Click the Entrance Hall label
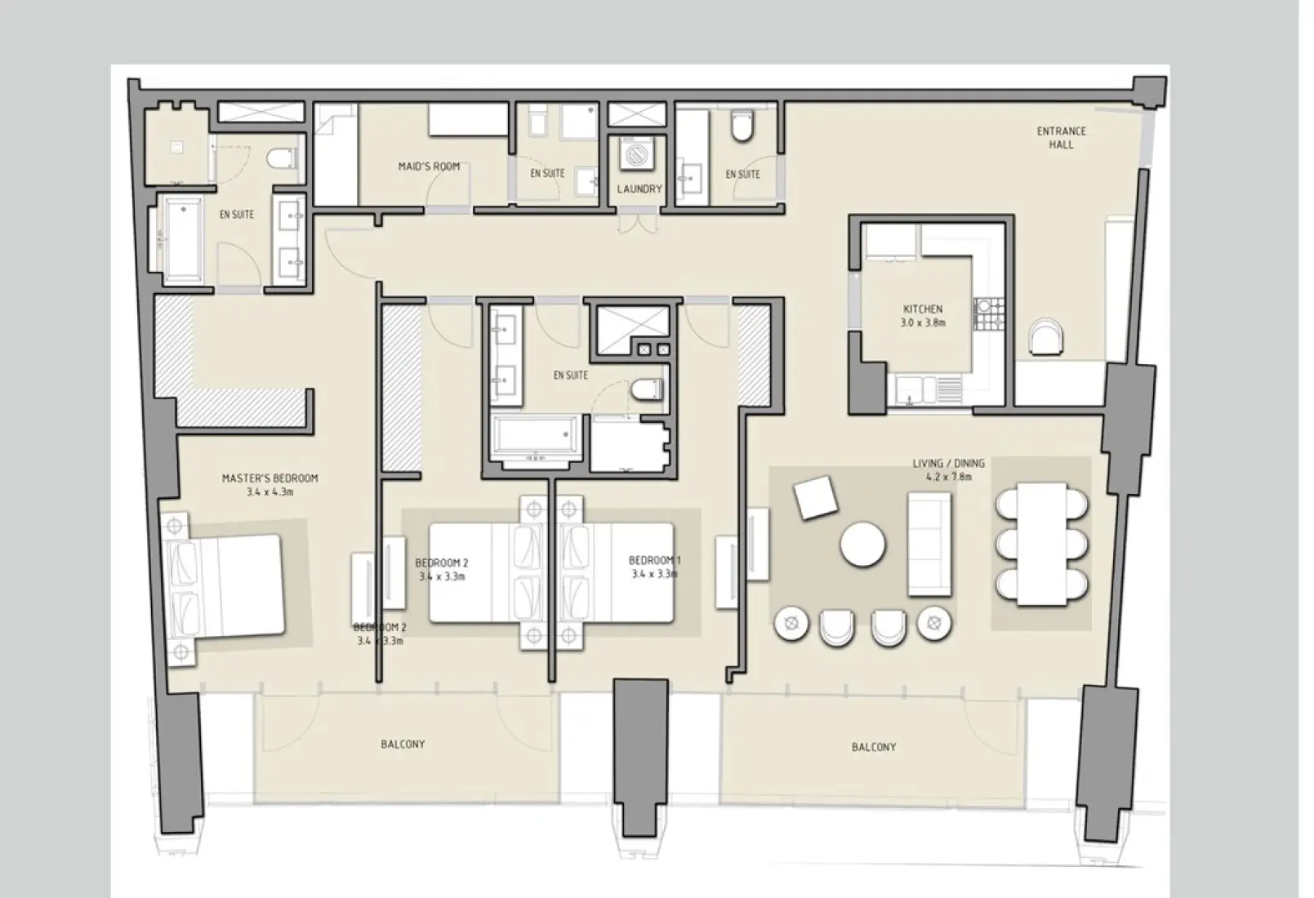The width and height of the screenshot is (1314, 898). coord(1061,137)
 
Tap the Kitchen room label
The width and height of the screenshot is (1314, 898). coord(923,315)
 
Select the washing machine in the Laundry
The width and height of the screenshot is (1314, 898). coord(633,154)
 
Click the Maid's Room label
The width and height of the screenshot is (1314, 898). coord(429,167)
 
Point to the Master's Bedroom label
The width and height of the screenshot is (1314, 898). coord(269,485)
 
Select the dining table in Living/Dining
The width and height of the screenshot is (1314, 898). coord(1042,544)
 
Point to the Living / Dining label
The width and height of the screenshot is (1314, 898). coord(948,469)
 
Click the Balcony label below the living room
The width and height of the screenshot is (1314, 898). coord(873,747)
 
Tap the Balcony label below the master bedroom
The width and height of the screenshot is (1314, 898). coord(402,745)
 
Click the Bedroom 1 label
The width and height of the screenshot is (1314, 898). coord(654,567)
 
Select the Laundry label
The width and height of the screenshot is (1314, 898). coord(639,189)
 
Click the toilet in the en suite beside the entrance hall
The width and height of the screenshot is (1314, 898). coord(741,127)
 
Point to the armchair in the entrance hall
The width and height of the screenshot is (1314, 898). coord(1045,336)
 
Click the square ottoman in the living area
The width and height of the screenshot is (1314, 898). coord(816,497)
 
